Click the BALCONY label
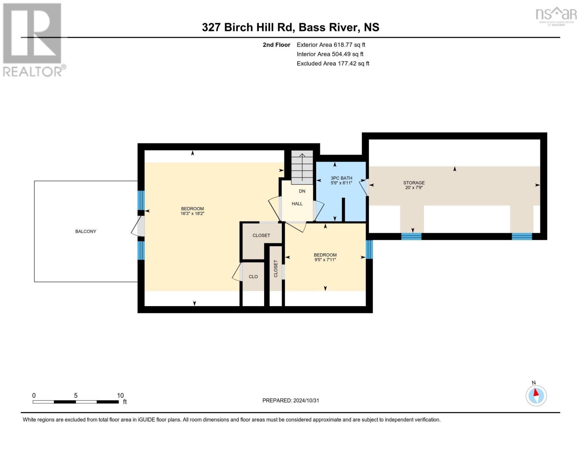pos(86,231)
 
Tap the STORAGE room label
pos(414,183)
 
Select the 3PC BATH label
pos(341,178)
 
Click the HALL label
pos(297,204)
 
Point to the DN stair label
pos(302,191)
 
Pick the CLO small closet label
pos(253,277)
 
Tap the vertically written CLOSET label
pos(276,268)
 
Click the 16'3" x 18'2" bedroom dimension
pos(192,214)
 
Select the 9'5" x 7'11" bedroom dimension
pos(325,260)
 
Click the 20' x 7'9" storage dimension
pos(414,187)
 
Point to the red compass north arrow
pos(536,393)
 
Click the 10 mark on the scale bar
pos(120,395)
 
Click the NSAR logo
pos(556,16)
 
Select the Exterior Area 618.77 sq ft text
pos(331,45)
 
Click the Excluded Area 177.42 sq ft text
pos(333,63)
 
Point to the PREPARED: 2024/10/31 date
pos(291,400)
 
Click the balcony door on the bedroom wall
pos(139,227)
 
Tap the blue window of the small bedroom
pos(369,250)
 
